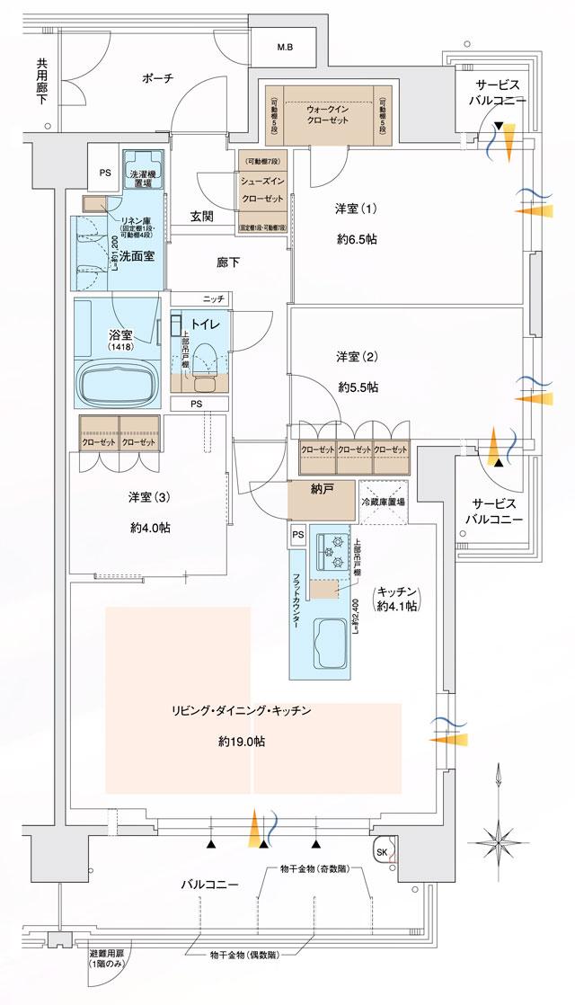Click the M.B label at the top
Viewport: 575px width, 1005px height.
(x=284, y=47)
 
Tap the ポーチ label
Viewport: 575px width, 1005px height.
(x=157, y=78)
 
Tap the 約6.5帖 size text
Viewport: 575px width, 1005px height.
(x=358, y=242)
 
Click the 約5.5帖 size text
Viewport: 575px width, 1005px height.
(x=358, y=387)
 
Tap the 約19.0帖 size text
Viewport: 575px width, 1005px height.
(x=241, y=743)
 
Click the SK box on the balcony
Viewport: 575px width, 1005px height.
(x=381, y=852)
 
